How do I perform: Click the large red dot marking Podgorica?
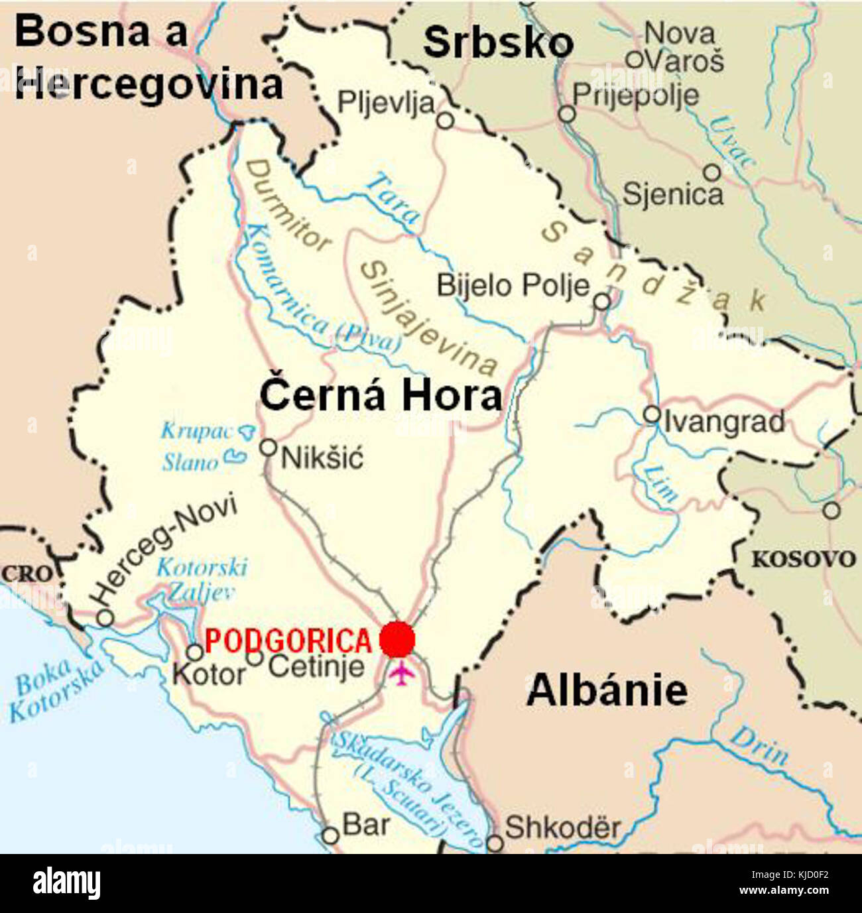397,640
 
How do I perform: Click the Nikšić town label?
322,458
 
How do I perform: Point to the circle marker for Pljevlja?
446,121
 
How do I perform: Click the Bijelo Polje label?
513,286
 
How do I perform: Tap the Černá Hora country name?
381,396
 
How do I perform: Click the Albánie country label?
607,690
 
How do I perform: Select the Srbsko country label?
498,42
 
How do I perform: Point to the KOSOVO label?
803,560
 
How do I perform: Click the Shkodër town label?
563,827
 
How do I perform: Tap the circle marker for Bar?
330,835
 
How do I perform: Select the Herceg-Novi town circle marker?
105,618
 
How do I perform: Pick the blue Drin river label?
760,746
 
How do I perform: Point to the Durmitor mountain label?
288,206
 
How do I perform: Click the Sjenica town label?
672,195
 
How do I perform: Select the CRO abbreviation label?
26,574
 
